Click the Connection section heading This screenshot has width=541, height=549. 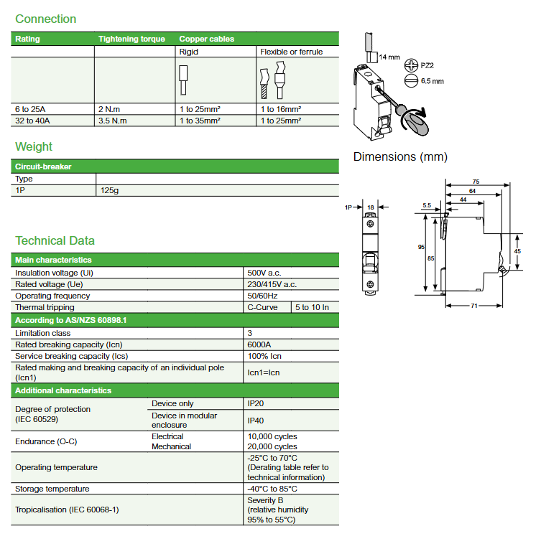45,19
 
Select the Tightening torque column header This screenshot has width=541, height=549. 131,39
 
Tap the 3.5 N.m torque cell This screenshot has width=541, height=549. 112,121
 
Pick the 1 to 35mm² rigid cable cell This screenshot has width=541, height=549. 200,121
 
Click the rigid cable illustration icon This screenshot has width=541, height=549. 183,80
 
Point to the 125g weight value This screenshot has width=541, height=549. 109,190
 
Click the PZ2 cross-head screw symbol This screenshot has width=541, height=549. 411,65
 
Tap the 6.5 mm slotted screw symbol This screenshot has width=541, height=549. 411,81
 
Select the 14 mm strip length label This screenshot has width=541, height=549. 389,57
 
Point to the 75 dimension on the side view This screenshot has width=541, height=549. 476,182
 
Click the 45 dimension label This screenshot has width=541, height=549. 517,251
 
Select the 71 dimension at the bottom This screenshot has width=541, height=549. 474,306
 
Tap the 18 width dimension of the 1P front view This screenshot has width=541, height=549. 371,207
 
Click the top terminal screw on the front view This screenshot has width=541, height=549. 370,224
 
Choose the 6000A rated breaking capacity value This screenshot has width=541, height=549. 259,345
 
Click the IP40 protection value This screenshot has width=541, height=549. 255,421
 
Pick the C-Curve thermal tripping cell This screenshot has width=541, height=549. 262,307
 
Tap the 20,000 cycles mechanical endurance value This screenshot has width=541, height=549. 272,447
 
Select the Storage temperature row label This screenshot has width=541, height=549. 52,489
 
